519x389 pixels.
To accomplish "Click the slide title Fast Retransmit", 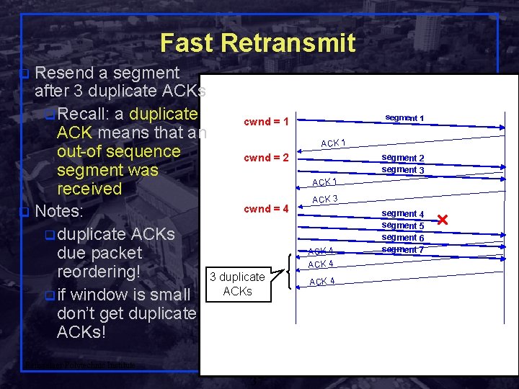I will click(257, 43).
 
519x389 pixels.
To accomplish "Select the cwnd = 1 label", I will click(266, 122).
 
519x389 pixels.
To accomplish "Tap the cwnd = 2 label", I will click(266, 158).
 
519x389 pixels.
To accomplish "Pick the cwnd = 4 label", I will click(266, 210).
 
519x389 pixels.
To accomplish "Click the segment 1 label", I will click(404, 118).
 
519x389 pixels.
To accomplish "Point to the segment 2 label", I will click(403, 158).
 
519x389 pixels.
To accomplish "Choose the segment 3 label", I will click(403, 170).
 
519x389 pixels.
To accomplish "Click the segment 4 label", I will click(403, 214).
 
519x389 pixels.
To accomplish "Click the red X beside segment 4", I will click(443, 219).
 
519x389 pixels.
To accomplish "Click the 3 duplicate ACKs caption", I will click(237, 284).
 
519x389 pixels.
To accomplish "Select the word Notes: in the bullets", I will click(59, 212).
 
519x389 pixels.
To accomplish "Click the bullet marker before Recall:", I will click(48, 115).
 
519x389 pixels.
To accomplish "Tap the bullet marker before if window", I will click(48, 295).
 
